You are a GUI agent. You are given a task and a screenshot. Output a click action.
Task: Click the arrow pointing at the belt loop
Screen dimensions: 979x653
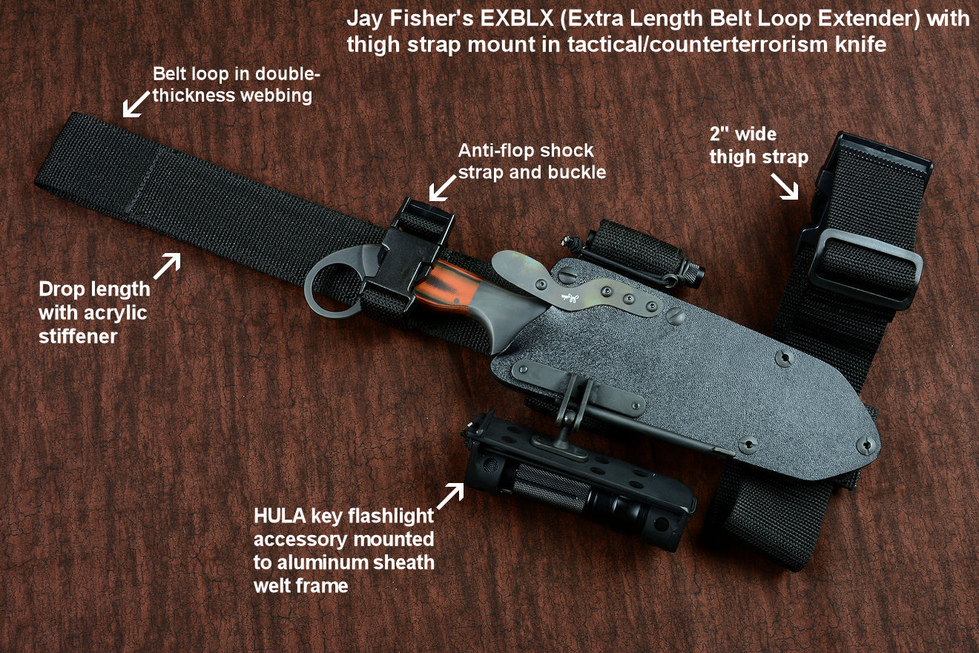pos(136,104)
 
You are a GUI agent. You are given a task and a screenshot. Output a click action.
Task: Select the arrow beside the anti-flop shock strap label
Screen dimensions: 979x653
pos(442,188)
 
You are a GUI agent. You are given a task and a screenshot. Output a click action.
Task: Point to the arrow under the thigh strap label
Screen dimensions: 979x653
pos(785,187)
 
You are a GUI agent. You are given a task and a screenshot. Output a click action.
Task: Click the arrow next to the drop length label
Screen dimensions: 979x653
pos(167,266)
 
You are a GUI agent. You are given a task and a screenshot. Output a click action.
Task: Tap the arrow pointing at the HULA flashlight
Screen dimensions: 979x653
pos(450,496)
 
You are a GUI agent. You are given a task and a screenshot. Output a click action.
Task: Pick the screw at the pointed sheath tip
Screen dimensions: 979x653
pos(867,446)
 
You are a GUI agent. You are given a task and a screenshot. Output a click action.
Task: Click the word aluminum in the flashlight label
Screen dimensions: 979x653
pos(323,562)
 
